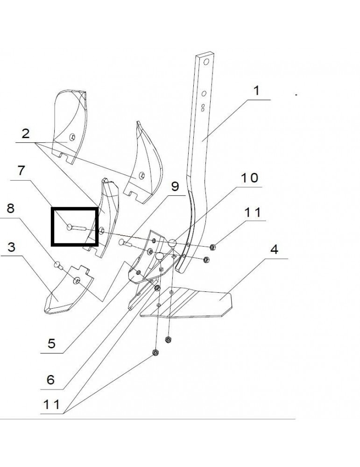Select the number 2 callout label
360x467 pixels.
click(26, 134)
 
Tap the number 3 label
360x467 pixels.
click(11, 247)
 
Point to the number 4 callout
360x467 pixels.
click(274, 249)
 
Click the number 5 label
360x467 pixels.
click(51, 343)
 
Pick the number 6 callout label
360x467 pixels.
click(50, 380)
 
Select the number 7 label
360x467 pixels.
click(21, 170)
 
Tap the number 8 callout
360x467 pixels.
click(10, 208)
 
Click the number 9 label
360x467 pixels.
click(175, 186)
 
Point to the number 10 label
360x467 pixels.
click(249, 178)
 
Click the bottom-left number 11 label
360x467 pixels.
click(51, 404)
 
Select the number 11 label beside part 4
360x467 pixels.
click(253, 212)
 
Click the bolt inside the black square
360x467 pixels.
click(77, 228)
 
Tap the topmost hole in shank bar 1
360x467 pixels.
click(206, 62)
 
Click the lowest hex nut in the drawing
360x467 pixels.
click(155, 353)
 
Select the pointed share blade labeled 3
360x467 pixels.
click(68, 290)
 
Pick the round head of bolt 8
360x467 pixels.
click(57, 264)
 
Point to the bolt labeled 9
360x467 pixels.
click(125, 243)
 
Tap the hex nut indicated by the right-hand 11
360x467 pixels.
click(212, 247)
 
